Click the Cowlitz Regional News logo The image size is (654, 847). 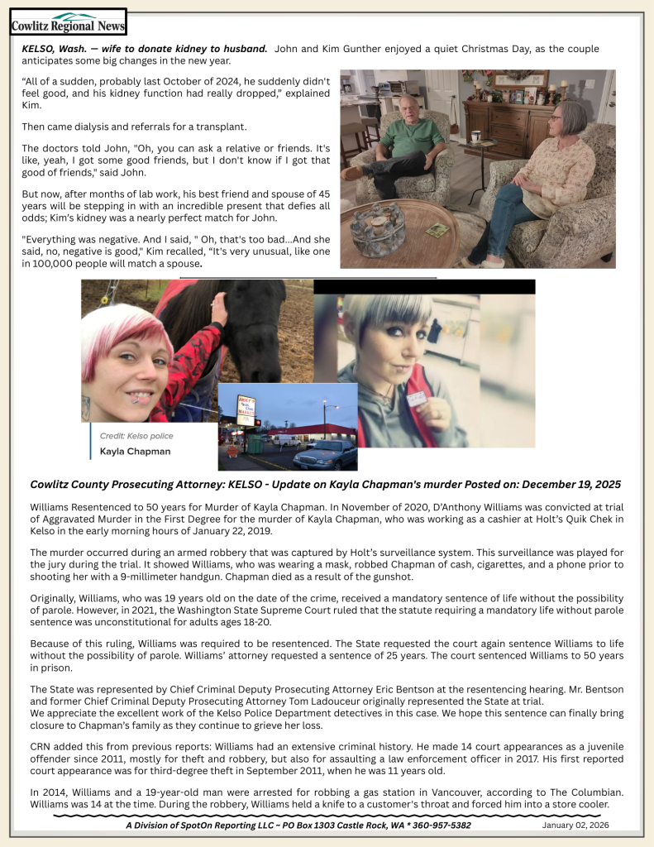(x=68, y=22)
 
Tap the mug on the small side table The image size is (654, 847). (x=476, y=136)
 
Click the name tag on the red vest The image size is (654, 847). (x=417, y=398)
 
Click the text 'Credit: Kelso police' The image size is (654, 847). (x=136, y=436)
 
